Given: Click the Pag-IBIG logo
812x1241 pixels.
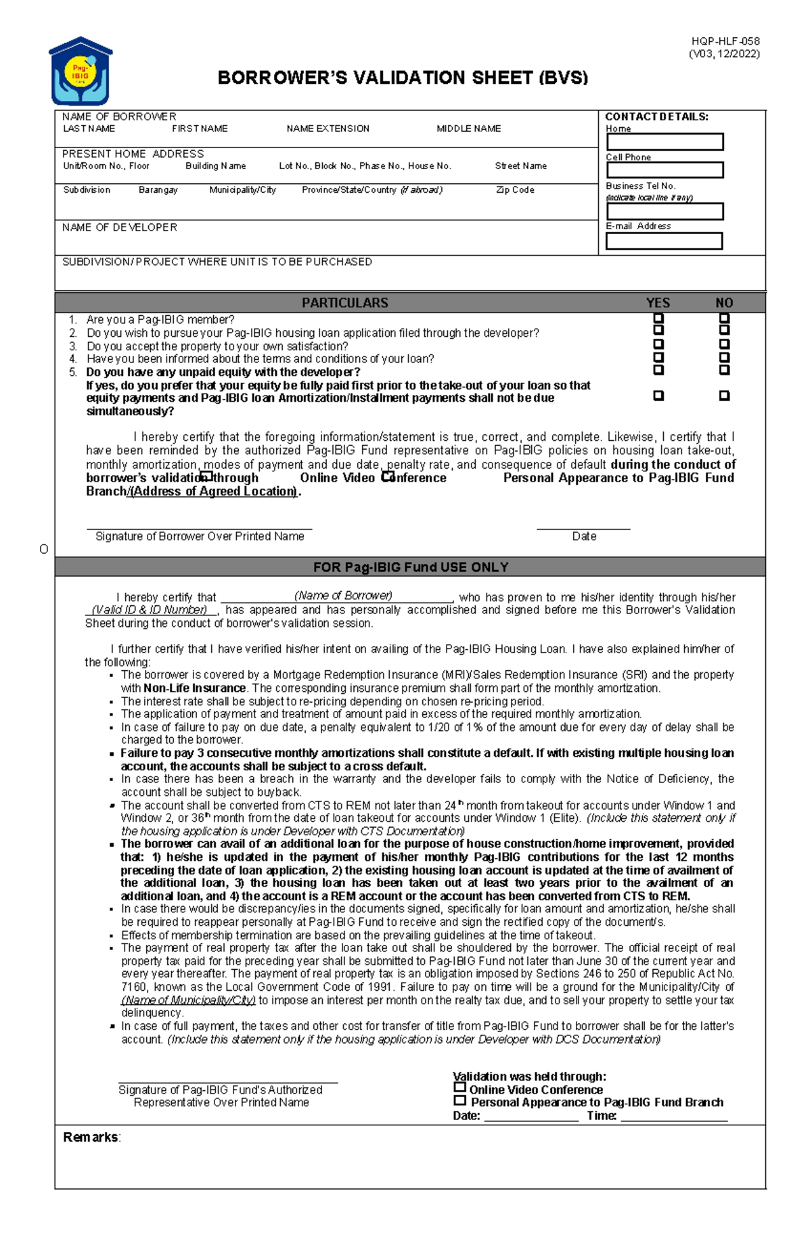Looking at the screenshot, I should coord(81,71).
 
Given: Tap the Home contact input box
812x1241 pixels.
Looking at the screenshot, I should coord(664,142).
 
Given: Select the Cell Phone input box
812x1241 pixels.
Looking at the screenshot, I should coord(664,170).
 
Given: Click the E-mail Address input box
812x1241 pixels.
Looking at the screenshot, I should coord(664,241).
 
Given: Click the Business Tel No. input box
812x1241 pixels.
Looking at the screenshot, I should coord(664,212).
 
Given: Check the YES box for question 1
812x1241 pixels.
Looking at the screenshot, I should coord(658,319).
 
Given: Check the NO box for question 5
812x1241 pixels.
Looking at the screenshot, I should coord(724,370).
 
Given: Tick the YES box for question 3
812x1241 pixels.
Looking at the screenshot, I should coord(658,344).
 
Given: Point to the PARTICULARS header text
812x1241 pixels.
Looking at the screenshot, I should coord(344,303).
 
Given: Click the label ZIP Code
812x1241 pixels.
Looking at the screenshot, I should coord(515,190).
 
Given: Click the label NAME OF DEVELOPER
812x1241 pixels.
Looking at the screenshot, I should coord(120,228).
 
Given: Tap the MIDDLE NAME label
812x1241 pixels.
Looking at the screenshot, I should coord(468,128).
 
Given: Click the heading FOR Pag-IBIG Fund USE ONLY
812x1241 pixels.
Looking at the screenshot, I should coord(410,567).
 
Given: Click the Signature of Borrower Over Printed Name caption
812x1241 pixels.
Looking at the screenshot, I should coord(200,536).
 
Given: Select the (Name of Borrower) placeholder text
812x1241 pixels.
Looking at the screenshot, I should coord(343,596).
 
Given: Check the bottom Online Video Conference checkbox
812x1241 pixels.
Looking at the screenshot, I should coord(460,1087).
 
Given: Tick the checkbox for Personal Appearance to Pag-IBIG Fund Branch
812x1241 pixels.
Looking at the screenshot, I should coord(460,1100).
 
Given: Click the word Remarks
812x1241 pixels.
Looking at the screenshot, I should coord(91,1138).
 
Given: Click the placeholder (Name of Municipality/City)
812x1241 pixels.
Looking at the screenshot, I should coord(188,1000).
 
